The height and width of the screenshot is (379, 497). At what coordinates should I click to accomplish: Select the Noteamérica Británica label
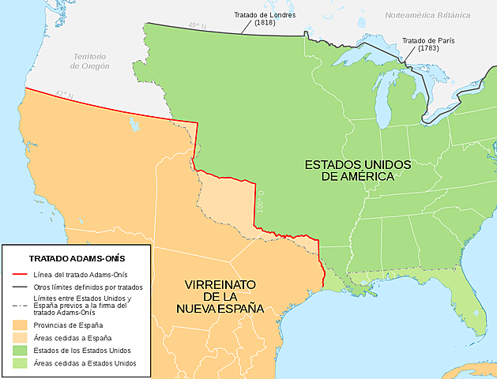pyautogui.click(x=433, y=15)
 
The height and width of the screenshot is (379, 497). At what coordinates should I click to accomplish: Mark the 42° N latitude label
pyautogui.click(x=64, y=96)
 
